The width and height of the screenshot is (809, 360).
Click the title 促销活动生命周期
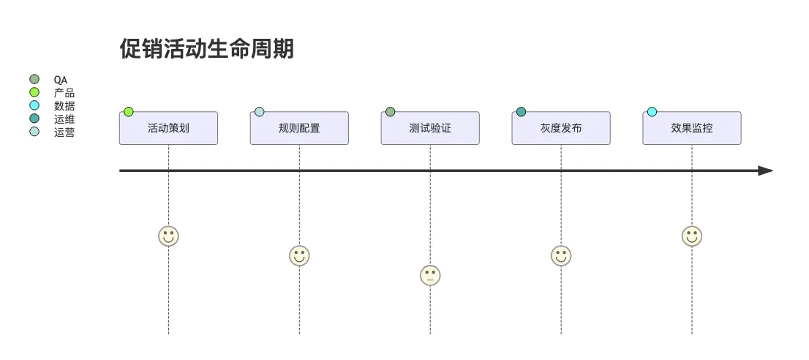click(207, 49)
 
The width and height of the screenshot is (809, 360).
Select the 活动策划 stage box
click(168, 128)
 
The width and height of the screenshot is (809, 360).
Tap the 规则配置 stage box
click(299, 128)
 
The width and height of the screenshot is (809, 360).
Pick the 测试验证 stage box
click(430, 128)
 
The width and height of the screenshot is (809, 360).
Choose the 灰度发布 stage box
click(561, 128)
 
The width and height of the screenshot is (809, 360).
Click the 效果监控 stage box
click(692, 128)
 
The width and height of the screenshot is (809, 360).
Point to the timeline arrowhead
click(766, 170)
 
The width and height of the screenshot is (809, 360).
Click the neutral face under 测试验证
click(430, 275)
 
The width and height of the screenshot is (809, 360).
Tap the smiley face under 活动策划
click(168, 236)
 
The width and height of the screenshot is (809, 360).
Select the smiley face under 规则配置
click(299, 255)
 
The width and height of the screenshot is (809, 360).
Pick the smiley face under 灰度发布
click(561, 255)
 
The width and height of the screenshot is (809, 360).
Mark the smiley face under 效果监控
click(692, 236)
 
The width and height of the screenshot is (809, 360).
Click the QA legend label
click(61, 80)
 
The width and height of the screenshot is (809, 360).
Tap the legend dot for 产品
click(34, 92)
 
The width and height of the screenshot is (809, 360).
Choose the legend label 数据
click(64, 106)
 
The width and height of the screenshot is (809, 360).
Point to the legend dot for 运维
click(34, 119)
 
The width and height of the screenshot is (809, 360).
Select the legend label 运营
click(64, 132)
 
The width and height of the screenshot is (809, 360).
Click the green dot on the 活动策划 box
click(129, 112)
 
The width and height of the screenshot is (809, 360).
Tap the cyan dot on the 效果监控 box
click(652, 112)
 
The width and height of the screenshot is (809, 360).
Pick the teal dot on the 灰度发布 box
click(521, 112)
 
